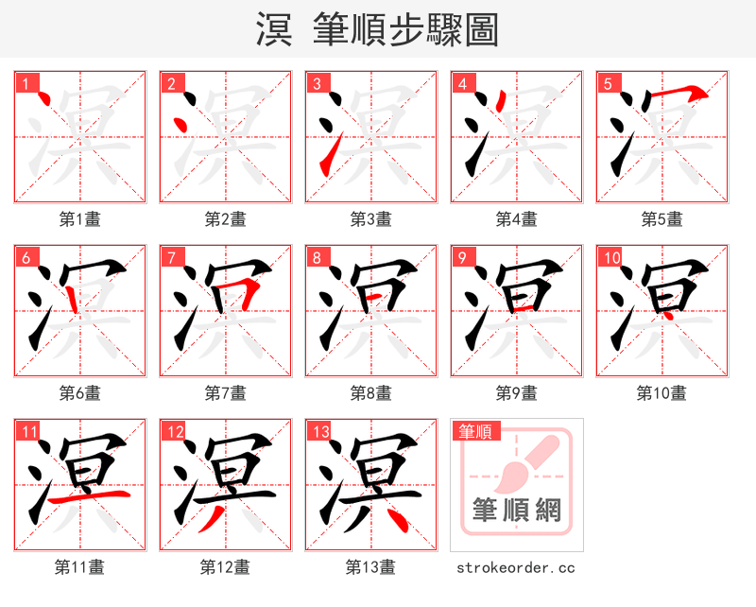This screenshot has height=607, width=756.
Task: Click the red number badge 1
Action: click(x=26, y=84)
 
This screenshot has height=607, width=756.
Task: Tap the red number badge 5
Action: click(x=608, y=84)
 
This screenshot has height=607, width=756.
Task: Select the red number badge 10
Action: click(x=611, y=258)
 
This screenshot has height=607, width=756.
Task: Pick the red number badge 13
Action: click(x=320, y=432)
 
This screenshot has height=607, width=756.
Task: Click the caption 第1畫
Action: click(x=80, y=219)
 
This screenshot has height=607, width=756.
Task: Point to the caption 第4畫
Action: click(x=517, y=219)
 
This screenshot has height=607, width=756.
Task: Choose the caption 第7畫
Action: click(x=226, y=392)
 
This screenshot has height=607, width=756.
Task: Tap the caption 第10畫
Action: click(x=661, y=392)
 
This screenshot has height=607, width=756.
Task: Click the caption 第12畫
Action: click(x=226, y=567)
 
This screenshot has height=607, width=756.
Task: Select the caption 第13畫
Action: click(x=370, y=567)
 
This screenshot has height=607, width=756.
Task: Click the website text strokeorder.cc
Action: click(x=516, y=568)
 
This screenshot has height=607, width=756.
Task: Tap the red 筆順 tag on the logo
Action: click(x=475, y=432)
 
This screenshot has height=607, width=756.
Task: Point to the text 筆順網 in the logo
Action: click(x=517, y=512)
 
